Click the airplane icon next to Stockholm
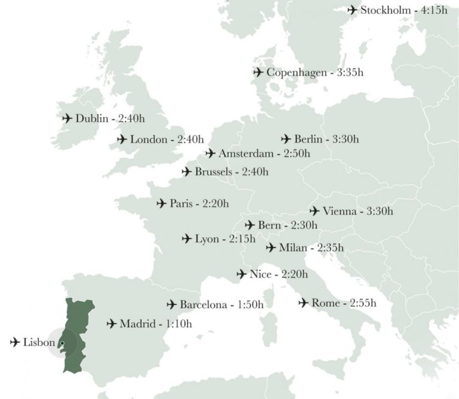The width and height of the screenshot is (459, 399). coord(352,10)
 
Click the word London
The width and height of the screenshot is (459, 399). coord(148,139)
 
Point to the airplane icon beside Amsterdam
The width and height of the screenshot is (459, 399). coord(210,154)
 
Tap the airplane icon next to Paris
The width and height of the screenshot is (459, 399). coord(161,204)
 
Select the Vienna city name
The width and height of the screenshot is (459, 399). coord(339,211)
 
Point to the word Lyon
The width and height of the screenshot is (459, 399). coord(207,239)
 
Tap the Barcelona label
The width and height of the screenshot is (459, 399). coord(203,304)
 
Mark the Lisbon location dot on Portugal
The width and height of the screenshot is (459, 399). coord(61,343)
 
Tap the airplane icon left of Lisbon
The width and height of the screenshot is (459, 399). coord(15,342)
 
